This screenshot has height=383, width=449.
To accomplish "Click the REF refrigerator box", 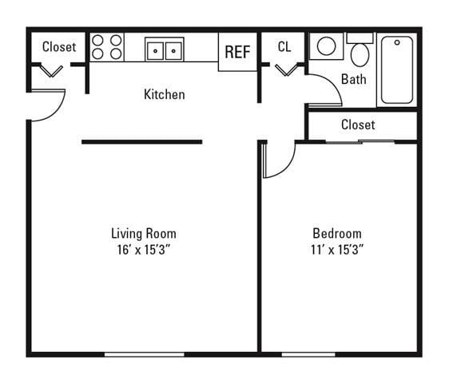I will (x=237, y=52).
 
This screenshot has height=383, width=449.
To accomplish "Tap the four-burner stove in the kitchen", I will (x=107, y=47).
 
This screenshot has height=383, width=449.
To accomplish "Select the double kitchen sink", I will (x=165, y=49).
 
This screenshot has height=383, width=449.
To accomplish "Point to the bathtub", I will (x=397, y=69).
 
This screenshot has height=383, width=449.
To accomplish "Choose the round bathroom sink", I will (x=326, y=46).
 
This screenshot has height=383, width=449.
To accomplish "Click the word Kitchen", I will (x=164, y=94).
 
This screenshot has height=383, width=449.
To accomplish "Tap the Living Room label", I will (x=143, y=233).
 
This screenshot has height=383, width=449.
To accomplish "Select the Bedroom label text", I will (x=336, y=233).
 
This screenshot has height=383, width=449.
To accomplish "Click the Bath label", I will (x=353, y=79).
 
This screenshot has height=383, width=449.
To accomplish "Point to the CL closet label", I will (x=284, y=47).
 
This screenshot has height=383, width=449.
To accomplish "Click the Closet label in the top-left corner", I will (x=59, y=47).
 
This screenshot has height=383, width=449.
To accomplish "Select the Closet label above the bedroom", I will (x=357, y=124).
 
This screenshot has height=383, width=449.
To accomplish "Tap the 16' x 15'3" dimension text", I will (x=143, y=249).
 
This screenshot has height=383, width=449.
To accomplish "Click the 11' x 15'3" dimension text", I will (x=336, y=249).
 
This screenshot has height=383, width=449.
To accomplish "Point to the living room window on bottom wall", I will (x=144, y=353).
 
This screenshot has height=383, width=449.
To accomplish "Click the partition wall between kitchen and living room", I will (x=141, y=142).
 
